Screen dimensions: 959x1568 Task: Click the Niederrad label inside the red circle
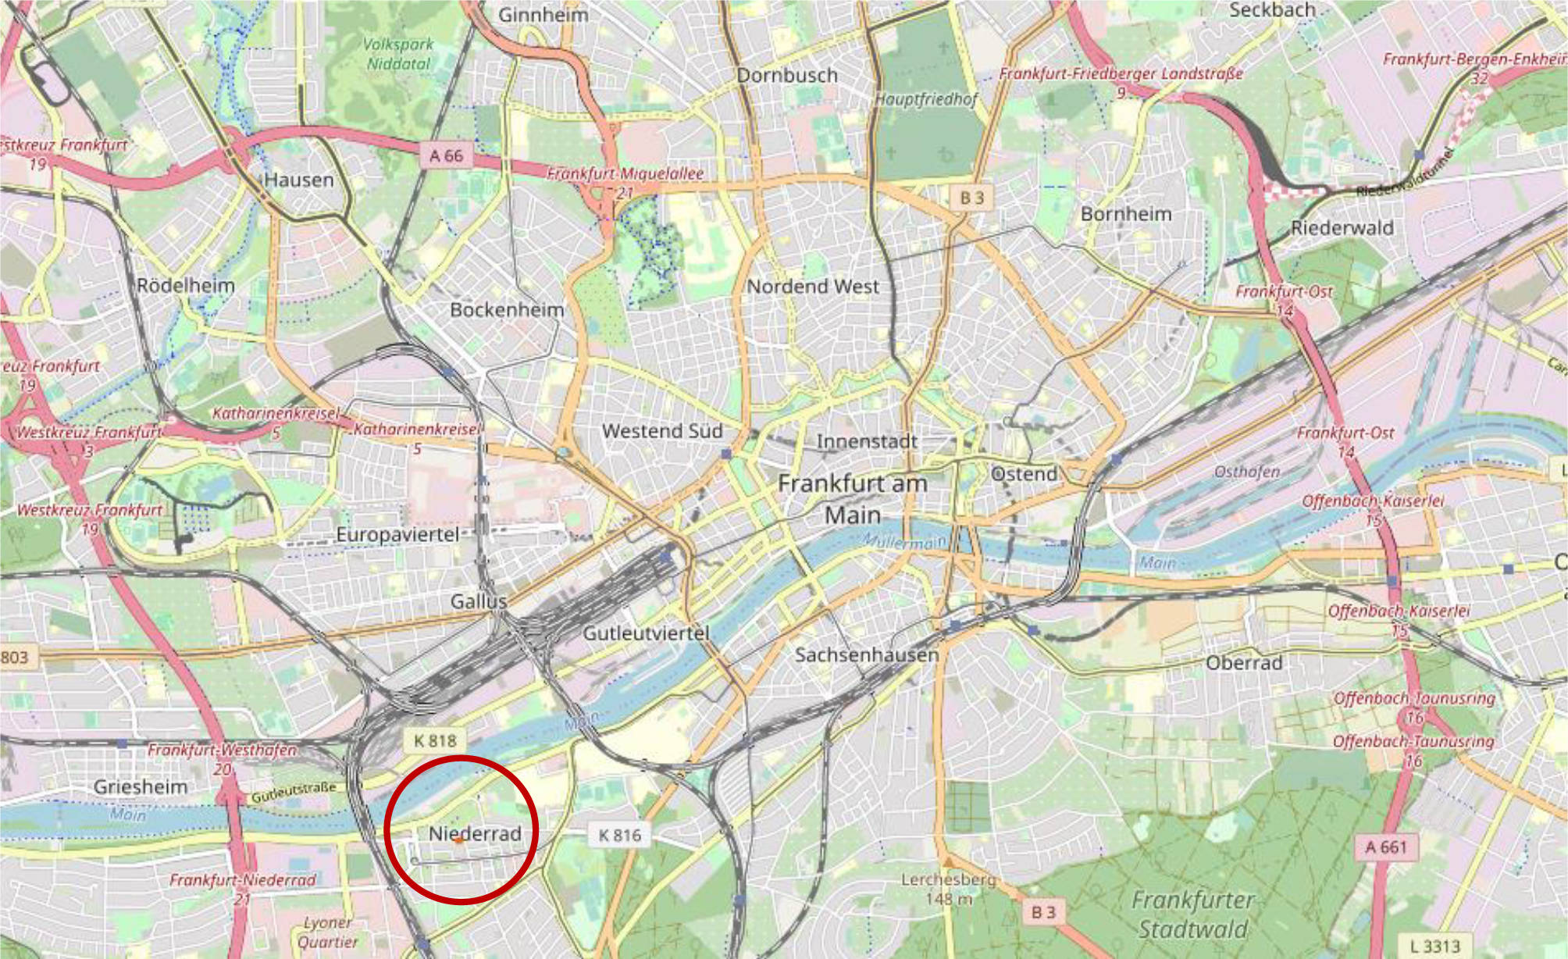(x=475, y=833)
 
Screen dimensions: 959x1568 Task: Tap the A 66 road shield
(x=446, y=155)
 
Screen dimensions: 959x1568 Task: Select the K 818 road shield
(x=435, y=741)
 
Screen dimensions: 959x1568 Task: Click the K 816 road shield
(x=619, y=836)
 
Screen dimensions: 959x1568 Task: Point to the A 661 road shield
(x=1385, y=847)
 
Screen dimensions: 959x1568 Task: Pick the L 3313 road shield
(x=1434, y=947)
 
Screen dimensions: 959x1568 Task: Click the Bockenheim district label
(x=507, y=310)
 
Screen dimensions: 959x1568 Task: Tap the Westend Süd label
(x=662, y=431)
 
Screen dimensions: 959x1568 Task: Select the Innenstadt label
(x=867, y=441)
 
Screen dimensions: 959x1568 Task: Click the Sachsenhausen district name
(x=867, y=654)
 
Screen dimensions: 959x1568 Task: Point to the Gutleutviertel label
(x=646, y=633)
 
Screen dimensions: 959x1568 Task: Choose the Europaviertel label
(x=397, y=535)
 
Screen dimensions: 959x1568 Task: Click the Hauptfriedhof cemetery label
(x=925, y=99)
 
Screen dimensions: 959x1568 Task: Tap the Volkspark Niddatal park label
(x=398, y=54)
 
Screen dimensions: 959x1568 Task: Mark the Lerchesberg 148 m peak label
(x=948, y=889)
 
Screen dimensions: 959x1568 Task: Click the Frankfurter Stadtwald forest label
(x=1192, y=914)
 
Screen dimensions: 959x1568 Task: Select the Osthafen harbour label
(x=1246, y=472)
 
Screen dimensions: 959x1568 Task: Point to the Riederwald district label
(x=1342, y=228)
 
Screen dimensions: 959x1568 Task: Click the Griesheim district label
(x=141, y=786)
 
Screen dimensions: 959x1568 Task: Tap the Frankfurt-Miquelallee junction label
(x=625, y=173)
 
